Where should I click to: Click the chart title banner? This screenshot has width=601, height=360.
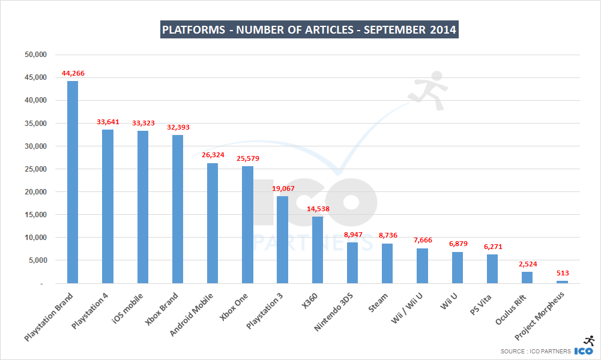click(309, 29)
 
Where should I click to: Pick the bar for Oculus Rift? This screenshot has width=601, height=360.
click(527, 277)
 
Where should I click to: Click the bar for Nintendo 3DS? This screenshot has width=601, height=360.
click(352, 262)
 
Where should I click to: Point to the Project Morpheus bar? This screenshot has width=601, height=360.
click(561, 281)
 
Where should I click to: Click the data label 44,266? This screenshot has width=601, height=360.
click(73, 73)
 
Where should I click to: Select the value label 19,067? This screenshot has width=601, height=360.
click(282, 188)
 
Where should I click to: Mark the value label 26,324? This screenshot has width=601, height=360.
click(213, 155)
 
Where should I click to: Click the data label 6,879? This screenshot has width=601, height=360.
click(457, 244)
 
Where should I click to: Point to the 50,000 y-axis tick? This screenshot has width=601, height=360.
click(35, 55)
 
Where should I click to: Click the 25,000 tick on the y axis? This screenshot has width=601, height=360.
click(35, 169)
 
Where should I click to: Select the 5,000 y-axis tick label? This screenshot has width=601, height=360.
click(37, 260)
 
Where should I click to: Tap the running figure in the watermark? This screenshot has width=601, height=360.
click(427, 90)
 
